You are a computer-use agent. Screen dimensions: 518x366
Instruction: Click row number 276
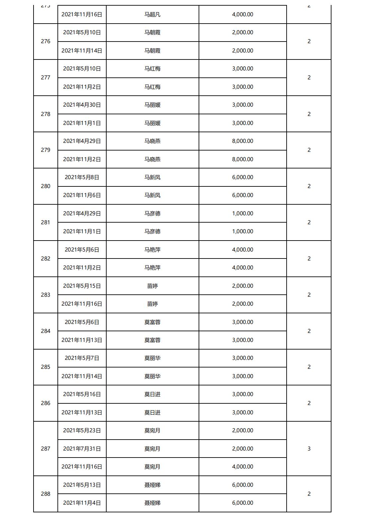click(46, 42)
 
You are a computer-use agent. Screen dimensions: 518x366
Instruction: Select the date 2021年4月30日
click(82, 105)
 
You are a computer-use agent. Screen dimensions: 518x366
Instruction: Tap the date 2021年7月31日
click(82, 449)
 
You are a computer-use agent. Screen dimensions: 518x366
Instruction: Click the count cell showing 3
click(309, 449)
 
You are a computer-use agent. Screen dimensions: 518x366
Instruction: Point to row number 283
click(46, 295)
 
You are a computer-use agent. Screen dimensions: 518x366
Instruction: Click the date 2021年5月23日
click(82, 431)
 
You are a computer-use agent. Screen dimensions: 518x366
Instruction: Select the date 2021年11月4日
click(82, 503)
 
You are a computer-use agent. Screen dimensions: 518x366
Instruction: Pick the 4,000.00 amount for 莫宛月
click(242, 467)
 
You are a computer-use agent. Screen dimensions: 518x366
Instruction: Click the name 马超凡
click(152, 15)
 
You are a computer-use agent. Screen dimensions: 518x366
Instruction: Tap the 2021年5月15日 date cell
click(82, 286)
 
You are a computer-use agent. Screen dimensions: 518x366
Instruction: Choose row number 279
click(46, 150)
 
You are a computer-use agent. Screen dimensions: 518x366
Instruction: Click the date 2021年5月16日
click(82, 394)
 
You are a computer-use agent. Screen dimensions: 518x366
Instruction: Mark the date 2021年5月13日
click(82, 485)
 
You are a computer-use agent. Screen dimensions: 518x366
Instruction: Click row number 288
click(46, 494)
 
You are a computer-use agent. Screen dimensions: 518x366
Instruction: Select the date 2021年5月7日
click(82, 358)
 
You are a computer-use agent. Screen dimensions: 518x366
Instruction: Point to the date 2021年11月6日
click(82, 195)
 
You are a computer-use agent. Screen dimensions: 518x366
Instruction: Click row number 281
click(46, 223)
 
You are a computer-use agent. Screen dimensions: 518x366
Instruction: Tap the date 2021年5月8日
click(82, 177)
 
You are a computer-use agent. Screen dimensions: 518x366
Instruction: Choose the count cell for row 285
click(309, 367)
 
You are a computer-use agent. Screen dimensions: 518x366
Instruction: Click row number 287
click(46, 449)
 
